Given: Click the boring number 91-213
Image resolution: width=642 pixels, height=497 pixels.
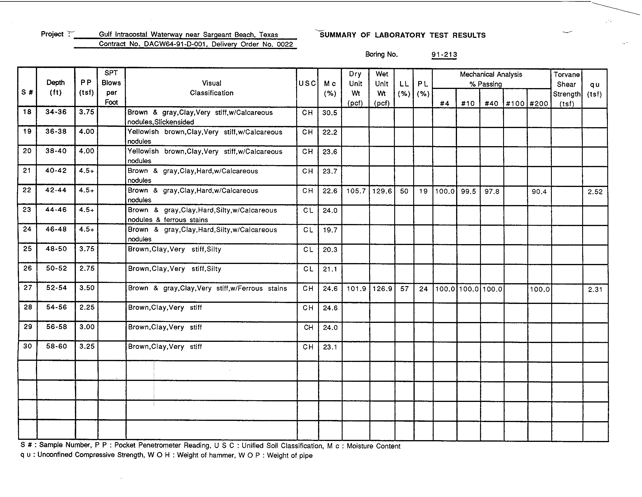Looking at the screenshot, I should click(444, 55).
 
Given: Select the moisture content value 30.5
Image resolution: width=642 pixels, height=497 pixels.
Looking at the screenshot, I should click(329, 113).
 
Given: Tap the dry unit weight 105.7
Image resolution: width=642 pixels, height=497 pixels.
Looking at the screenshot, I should click(356, 191).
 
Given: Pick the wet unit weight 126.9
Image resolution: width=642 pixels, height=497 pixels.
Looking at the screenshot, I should click(382, 289).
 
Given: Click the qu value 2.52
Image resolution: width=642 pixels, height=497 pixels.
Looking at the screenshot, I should click(595, 192).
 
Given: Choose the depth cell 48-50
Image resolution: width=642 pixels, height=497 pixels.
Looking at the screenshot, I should click(56, 249).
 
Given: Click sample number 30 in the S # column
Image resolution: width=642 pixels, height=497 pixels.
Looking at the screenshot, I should click(27, 346).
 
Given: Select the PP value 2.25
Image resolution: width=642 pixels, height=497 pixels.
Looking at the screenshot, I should click(87, 307).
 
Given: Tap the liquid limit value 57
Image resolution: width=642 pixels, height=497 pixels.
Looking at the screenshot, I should click(404, 289).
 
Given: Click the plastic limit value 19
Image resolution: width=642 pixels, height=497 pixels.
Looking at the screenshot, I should click(423, 191).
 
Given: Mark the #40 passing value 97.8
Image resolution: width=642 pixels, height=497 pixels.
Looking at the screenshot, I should click(492, 192).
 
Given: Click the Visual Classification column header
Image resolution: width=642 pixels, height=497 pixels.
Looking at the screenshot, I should click(211, 88).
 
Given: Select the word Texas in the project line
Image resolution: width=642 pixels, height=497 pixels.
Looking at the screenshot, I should click(268, 35).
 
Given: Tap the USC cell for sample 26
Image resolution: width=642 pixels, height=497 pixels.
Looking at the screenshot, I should click(308, 269).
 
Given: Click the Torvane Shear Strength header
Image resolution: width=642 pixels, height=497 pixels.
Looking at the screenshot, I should click(566, 89).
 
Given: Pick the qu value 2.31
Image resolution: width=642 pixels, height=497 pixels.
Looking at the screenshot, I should click(595, 290).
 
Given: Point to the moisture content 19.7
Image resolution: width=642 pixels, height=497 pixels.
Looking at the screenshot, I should click(330, 230).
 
